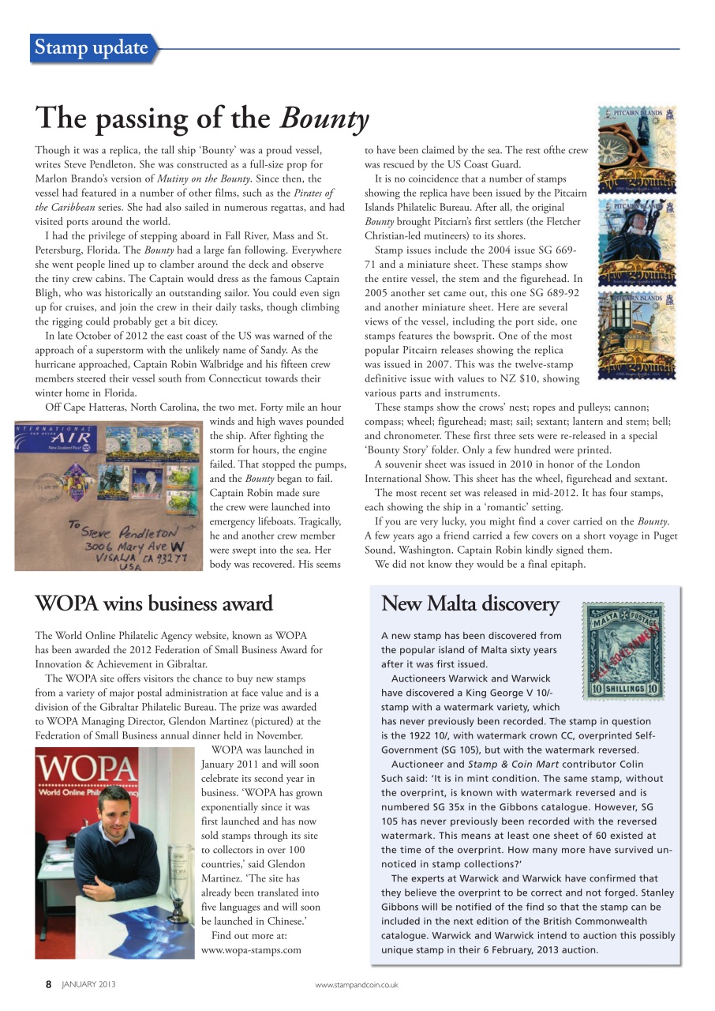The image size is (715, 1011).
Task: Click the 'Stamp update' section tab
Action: [92, 48]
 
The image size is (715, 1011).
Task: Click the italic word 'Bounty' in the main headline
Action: [324, 119]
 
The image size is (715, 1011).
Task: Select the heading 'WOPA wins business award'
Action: [154, 603]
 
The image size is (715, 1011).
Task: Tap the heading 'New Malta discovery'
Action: [470, 603]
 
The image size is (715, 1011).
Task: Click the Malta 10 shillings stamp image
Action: [623, 651]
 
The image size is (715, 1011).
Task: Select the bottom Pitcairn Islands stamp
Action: [636, 334]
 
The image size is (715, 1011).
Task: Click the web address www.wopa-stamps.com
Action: [251, 950]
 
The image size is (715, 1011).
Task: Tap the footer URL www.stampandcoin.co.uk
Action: [356, 985]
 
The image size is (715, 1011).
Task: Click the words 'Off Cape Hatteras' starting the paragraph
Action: [84, 407]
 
